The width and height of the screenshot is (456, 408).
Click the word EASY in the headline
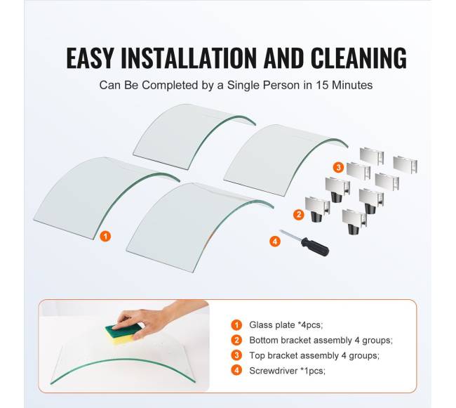(x=90, y=58)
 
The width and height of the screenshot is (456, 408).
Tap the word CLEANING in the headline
(x=358, y=58)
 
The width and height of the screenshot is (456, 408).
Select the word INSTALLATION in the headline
(x=189, y=58)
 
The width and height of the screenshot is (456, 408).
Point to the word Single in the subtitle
(x=243, y=85)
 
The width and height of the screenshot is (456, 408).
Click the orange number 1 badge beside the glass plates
(x=105, y=236)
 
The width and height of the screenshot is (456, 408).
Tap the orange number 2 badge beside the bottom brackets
(x=299, y=215)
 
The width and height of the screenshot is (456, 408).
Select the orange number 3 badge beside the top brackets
(x=338, y=167)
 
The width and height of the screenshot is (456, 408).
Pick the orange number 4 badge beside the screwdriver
(x=275, y=241)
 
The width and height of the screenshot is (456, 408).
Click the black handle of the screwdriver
(x=315, y=246)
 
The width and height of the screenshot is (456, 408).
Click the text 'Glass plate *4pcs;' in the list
(x=286, y=324)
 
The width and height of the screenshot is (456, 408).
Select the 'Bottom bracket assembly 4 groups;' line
(x=321, y=340)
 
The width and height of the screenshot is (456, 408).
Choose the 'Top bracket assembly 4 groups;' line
(x=314, y=355)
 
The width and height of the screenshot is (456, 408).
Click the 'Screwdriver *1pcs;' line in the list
(x=287, y=371)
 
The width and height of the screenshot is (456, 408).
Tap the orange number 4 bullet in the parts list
(x=236, y=371)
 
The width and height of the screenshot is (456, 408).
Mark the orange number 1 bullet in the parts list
(x=236, y=324)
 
